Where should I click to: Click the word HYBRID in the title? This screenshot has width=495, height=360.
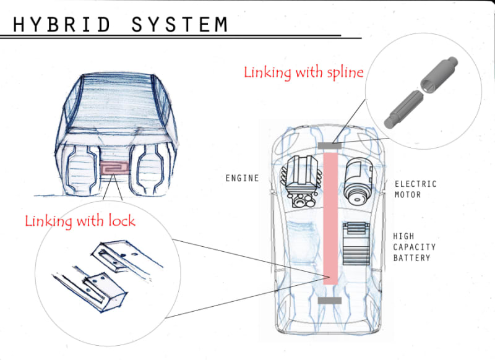[x=62, y=24]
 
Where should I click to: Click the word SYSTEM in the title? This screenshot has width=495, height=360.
[x=179, y=24]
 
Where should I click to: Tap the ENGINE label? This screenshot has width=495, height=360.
[x=242, y=178]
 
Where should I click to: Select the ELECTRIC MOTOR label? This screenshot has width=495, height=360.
[x=415, y=189]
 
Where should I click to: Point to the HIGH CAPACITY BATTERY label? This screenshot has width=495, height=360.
[x=414, y=247]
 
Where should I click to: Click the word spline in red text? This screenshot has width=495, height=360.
[x=345, y=73]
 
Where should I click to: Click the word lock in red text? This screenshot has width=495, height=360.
[x=122, y=221]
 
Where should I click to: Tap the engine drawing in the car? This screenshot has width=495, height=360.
[x=303, y=181]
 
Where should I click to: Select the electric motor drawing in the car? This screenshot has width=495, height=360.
[x=358, y=181]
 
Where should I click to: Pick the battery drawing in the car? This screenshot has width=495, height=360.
[x=356, y=244]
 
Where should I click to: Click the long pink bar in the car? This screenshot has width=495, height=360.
[x=330, y=218]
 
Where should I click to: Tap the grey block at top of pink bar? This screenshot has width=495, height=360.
[x=330, y=146]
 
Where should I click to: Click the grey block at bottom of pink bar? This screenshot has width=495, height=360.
[x=330, y=301]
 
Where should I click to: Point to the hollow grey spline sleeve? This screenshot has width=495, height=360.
[x=439, y=74]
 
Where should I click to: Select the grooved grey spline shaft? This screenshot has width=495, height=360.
[x=403, y=109]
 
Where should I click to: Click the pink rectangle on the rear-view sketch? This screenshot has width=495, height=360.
[x=114, y=168]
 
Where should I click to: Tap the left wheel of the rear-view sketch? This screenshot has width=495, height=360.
[x=82, y=170]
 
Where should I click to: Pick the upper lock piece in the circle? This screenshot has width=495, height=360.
[x=126, y=256]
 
